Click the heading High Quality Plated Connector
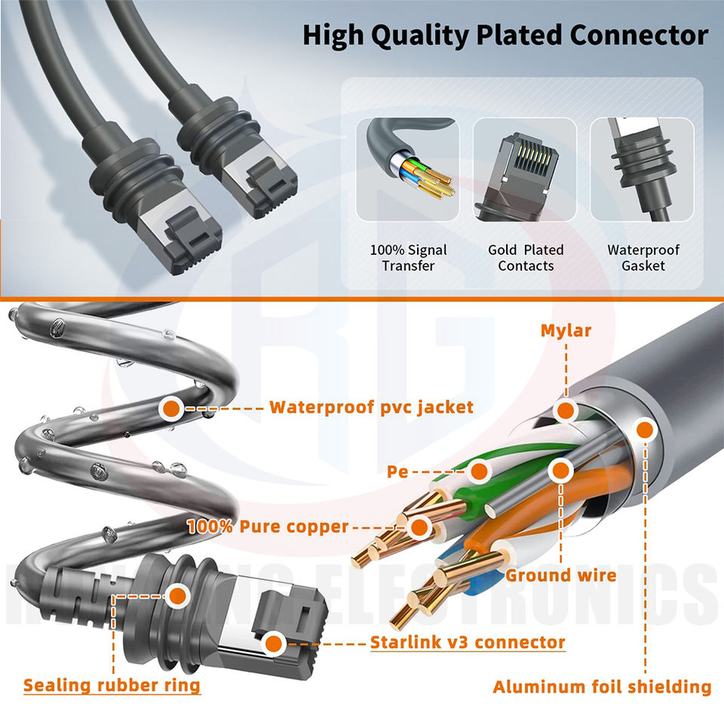point(505,35)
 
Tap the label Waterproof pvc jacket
point(371,408)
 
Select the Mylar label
point(566,330)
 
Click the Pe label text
point(397,473)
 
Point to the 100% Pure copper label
point(268,526)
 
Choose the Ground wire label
point(561,576)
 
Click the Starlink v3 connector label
point(468,643)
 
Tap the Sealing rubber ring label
point(112,686)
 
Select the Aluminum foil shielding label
point(602,687)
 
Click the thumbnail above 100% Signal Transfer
point(408,169)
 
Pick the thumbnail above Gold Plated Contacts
point(525,169)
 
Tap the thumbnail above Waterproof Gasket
point(643,169)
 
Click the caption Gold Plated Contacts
point(526,258)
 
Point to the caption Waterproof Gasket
point(643,258)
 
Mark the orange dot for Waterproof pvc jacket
point(171,408)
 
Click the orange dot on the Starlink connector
point(275,643)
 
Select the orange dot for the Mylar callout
point(565,411)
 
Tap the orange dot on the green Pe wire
point(478,473)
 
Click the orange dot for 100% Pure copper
point(419,526)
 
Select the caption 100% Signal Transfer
point(408,258)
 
